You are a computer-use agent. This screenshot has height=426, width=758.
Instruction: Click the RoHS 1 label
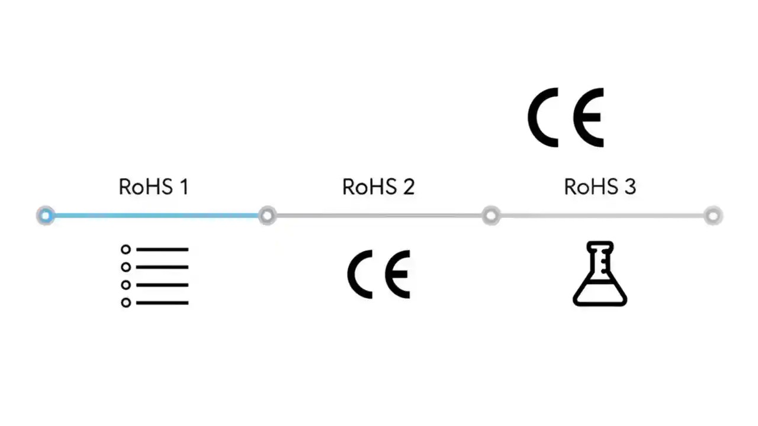153,187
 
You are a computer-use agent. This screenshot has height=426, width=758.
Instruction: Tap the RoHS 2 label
378,187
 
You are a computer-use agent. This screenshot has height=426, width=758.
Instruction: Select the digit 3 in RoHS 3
629,187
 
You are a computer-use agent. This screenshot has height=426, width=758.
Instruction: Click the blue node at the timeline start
46,216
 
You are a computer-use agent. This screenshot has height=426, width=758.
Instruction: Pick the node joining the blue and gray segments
268,216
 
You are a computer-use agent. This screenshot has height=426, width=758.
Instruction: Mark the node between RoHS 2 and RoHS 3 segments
491,216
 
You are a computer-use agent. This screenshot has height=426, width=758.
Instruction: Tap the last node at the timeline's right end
714,216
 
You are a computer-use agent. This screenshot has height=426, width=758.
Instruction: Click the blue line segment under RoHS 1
157,216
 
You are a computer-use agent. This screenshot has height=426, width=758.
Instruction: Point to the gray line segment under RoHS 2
379,216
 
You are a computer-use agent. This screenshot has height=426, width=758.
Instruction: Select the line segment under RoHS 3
602,216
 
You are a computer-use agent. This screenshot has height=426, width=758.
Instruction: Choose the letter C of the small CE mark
359,274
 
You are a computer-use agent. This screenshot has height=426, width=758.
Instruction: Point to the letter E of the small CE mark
397,274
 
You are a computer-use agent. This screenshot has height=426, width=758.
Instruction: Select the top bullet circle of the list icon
126,250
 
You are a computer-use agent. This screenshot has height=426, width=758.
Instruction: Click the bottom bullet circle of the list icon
126,303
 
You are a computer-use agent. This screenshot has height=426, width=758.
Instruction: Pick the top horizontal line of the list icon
162,250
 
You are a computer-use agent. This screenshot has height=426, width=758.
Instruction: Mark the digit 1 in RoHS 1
183,187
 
